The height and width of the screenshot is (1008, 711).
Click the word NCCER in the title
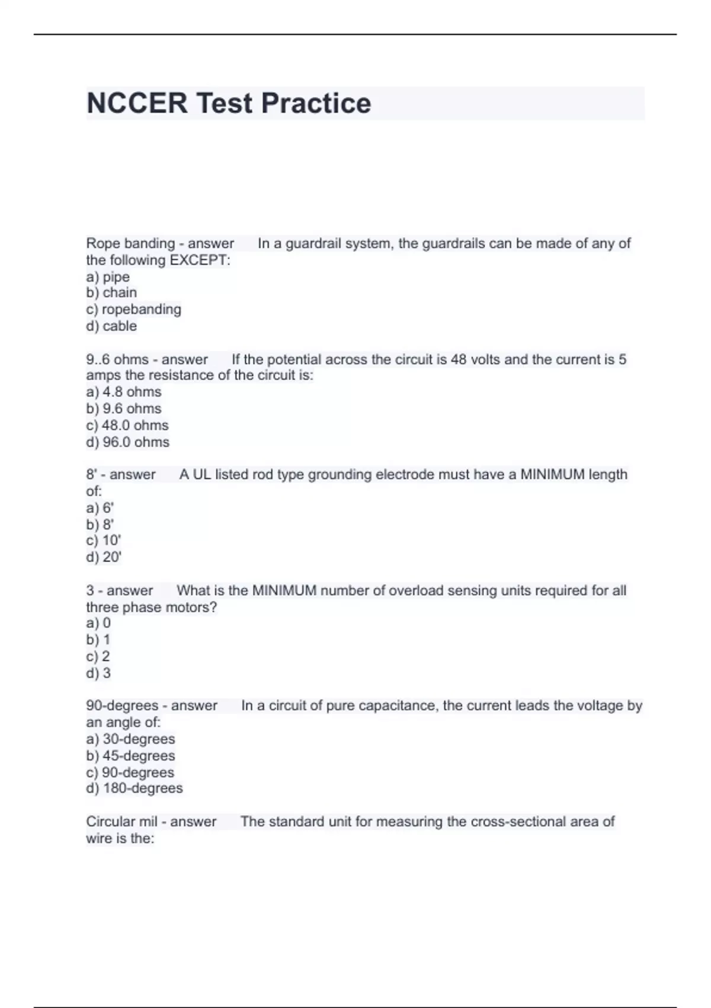[x=137, y=103]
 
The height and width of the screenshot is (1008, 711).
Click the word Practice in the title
[x=316, y=103]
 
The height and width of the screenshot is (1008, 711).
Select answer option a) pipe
[x=108, y=277]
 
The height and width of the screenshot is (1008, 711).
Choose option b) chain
[x=111, y=293]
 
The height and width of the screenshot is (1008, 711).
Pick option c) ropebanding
[x=134, y=310]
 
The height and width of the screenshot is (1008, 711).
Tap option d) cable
[x=111, y=326]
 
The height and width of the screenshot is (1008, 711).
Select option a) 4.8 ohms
[x=124, y=392]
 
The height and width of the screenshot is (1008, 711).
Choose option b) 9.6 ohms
[x=124, y=409]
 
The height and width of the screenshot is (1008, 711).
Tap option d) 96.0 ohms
[x=128, y=442]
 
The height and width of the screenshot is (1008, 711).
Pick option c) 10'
[x=104, y=541]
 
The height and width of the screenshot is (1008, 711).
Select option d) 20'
[x=104, y=557]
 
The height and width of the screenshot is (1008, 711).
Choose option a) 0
[x=98, y=623]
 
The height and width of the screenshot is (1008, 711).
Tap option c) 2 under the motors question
[x=98, y=656]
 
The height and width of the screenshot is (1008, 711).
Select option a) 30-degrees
[x=131, y=739]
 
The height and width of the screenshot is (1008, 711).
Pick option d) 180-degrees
[x=134, y=789]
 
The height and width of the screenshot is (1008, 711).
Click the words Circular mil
[x=121, y=822]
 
